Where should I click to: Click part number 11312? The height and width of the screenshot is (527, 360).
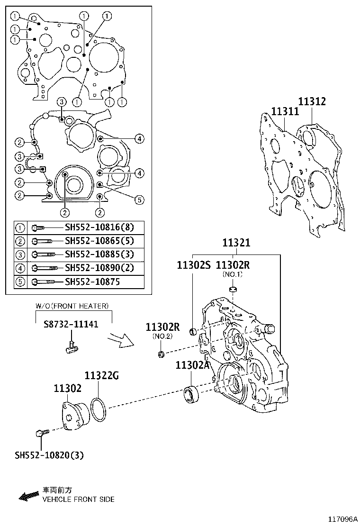pos(312,101)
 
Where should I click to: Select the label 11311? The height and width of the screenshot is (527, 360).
pos(285,111)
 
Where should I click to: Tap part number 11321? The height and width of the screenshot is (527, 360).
pos(236,243)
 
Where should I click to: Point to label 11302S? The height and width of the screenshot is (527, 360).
pos(193,265)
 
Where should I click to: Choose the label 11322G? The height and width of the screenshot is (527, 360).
pos(101,376)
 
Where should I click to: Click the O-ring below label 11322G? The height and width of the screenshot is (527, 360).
pos(98,409)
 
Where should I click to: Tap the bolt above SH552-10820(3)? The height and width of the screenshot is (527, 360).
pos(41,433)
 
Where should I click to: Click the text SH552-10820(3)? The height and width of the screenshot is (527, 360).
pos(49,455)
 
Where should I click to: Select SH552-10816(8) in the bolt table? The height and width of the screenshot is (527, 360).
pos(99,227)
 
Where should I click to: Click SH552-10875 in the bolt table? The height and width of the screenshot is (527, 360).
pos(92,282)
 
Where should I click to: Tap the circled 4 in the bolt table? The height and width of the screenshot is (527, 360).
pos(21,268)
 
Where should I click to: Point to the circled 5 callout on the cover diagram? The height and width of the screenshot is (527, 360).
pos(138,200)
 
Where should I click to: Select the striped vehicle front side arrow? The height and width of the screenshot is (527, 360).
pos(28,496)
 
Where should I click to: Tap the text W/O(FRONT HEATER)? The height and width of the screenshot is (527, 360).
pos(72,306)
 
